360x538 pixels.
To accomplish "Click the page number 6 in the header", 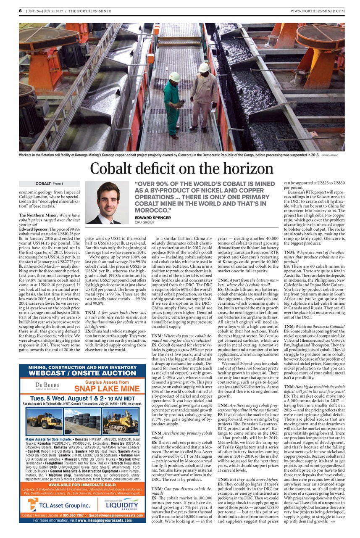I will click(x=20, y=11).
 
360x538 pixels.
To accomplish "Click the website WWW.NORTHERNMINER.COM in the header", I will click(x=318, y=11).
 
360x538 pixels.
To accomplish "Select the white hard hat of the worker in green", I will click(x=175, y=77).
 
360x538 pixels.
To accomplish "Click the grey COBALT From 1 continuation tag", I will click(x=49, y=184).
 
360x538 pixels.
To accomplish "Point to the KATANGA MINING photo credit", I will click(x=330, y=155).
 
